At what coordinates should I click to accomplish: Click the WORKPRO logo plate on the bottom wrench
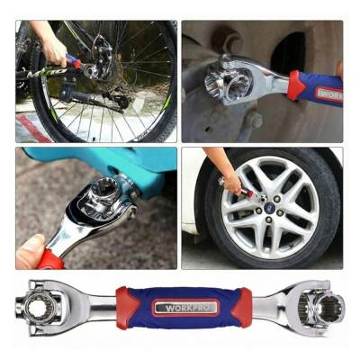[186, 308]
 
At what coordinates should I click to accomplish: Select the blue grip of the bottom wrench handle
[186, 308]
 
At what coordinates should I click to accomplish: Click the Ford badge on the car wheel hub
[268, 208]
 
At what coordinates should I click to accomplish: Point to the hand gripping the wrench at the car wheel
[233, 182]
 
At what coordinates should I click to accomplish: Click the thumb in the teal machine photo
[31, 251]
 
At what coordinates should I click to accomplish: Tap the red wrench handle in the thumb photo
[50, 260]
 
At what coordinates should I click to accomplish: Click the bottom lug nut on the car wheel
[268, 220]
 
